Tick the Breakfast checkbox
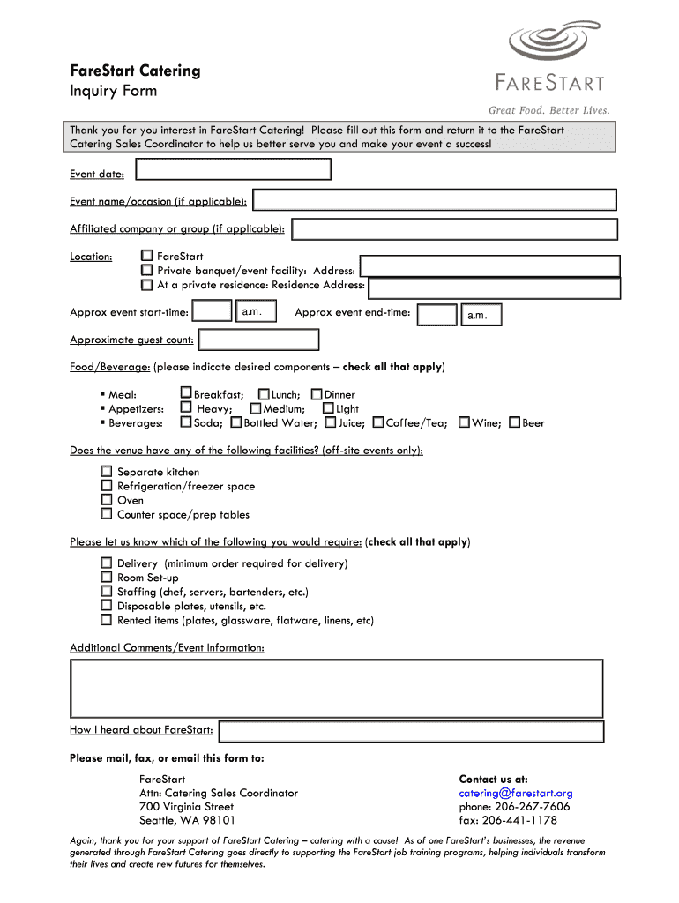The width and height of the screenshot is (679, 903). tap(186, 393)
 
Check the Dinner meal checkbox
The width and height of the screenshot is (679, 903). tap(317, 394)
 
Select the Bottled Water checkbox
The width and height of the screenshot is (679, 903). tap(236, 422)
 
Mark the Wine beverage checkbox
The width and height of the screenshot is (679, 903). tap(465, 422)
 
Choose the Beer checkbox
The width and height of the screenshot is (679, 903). tap(515, 422)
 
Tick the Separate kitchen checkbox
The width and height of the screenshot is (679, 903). tap(106, 472)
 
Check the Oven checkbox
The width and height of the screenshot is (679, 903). tap(106, 500)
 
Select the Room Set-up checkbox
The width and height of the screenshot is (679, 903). tap(106, 578)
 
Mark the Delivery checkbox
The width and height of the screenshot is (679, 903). tap(106, 563)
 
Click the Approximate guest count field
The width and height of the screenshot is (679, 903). tap(258, 340)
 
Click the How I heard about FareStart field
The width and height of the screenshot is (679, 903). tap(411, 731)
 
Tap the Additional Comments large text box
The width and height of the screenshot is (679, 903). tap(336, 688)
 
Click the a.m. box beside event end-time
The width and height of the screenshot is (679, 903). tap(481, 315)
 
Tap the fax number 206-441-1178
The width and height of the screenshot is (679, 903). tap(508, 820)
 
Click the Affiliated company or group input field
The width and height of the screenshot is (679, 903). tap(454, 229)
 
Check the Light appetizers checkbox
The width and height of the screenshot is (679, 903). tap(328, 408)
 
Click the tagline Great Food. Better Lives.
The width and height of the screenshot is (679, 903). tap(549, 110)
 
